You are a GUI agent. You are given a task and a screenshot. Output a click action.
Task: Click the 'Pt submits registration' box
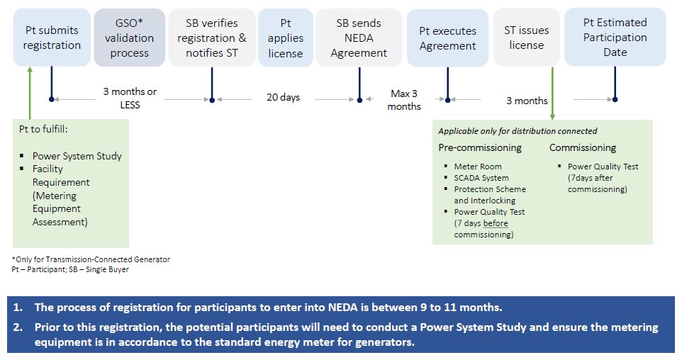coord(52,38)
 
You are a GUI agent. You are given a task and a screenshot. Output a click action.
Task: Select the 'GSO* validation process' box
coord(129,38)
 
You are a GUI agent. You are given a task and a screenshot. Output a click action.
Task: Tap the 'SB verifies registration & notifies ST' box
coord(212,38)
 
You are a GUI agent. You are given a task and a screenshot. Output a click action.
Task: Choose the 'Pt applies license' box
coord(285,38)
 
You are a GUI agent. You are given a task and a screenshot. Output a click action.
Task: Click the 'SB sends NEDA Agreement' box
coord(359,38)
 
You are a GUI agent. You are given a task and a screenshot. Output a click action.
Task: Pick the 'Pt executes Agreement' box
coord(447,38)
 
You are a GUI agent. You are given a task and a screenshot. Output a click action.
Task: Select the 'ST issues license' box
coord(526,38)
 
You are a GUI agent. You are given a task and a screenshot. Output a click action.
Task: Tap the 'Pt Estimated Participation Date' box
coord(615,37)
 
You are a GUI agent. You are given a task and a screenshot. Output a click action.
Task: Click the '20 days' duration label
coord(283,97)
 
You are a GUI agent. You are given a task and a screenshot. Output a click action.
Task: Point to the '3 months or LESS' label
coord(130,99)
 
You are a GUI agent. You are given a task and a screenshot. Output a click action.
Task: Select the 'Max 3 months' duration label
coord(404,100)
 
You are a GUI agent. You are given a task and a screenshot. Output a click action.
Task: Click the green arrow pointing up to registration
coord(30,93)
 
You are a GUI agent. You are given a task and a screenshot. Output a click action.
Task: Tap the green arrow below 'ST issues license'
coord(552,94)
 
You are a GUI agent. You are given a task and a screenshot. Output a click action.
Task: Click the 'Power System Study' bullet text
coord(77,156)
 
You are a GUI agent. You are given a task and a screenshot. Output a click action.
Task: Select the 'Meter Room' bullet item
coord(478,167)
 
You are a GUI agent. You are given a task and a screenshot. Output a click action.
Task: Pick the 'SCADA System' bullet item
coord(481,178)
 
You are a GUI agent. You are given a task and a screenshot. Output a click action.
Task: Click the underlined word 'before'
coord(496,223)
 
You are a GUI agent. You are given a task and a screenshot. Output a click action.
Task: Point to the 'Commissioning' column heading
coord(583,148)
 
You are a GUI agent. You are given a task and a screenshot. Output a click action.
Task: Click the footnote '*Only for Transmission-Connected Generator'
coord(91,259)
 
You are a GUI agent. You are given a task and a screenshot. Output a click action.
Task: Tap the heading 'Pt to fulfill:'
coord(43,129)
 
